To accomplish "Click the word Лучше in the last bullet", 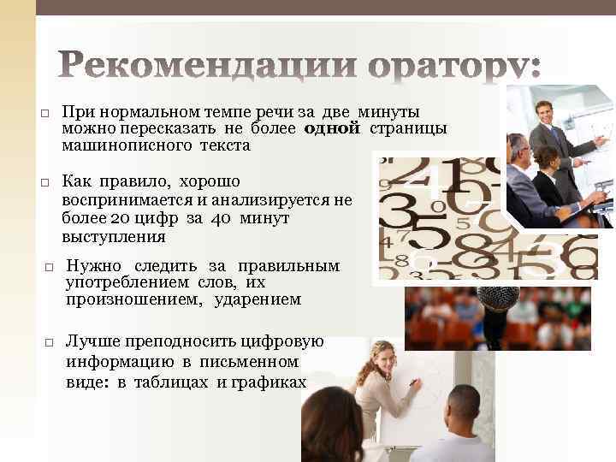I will coord(92,341).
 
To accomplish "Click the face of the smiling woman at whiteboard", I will coord(382,353).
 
